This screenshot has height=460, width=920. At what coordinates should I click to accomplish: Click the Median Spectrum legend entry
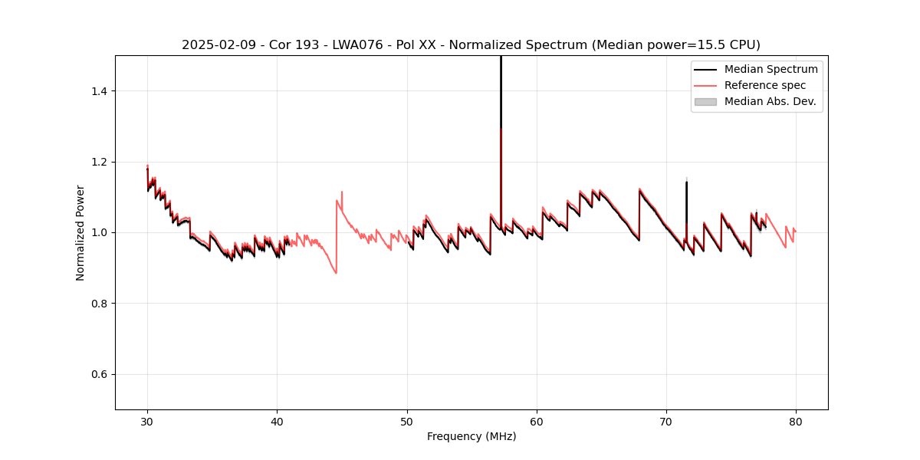[x=770, y=69]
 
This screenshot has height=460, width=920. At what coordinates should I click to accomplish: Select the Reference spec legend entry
[x=768, y=85]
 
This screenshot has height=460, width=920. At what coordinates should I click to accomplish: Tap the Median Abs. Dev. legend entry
[x=770, y=101]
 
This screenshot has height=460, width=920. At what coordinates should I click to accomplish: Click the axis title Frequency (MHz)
[x=472, y=436]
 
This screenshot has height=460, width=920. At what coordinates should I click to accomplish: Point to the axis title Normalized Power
[x=80, y=232]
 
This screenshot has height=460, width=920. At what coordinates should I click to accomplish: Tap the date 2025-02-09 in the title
[x=215, y=45]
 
